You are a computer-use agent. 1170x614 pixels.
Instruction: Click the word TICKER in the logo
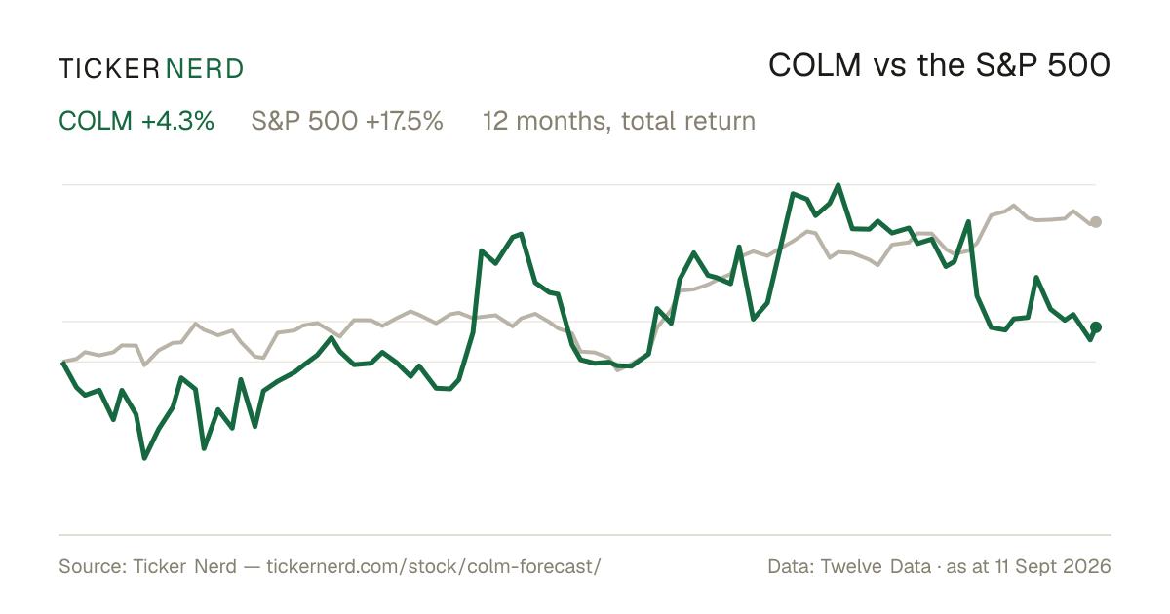coord(109,69)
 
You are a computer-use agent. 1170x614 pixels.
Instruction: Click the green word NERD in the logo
coord(204,69)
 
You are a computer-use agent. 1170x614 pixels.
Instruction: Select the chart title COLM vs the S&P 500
coord(939,65)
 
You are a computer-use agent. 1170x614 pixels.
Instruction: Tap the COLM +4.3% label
coord(136,121)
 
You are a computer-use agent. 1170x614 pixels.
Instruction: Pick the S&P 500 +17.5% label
coord(347,121)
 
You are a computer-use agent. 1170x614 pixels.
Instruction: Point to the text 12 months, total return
coord(619,121)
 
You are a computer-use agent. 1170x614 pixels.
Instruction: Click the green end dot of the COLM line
coord(1096,327)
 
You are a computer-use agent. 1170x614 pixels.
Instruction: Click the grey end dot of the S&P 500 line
coord(1096,222)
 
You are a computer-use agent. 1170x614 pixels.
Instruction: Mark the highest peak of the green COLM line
coord(838,185)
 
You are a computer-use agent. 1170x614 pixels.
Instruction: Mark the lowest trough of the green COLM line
coord(144,458)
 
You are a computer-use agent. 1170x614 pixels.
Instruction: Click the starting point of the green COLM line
coord(62,362)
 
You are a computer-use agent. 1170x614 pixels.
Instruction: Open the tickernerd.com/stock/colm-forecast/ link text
coord(434,566)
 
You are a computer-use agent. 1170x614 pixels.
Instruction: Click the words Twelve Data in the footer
coord(876,566)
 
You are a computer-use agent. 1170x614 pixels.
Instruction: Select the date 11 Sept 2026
coord(1053,566)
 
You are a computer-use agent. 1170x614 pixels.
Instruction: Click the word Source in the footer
coord(91,566)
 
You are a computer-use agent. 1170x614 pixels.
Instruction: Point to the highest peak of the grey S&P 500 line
coord(1014,206)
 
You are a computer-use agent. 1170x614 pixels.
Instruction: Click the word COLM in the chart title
coord(814,65)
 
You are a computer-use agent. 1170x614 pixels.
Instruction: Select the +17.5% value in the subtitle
coord(405,121)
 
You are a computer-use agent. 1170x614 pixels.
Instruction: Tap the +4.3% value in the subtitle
coord(177,121)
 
